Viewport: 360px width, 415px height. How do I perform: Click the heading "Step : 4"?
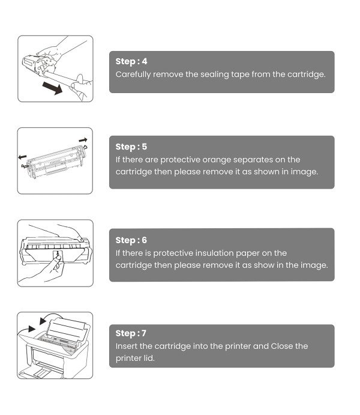coord(131,61)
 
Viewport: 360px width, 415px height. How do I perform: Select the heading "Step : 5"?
coord(131,147)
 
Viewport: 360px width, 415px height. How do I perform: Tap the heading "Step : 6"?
coord(131,240)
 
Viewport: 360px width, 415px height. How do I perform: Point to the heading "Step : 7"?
coord(131,333)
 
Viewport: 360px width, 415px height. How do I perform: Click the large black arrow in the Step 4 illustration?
coord(53,88)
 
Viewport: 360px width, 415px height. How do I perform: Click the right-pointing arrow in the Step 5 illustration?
coord(83,140)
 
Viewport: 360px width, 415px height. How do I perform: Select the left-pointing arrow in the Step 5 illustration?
coord(22,157)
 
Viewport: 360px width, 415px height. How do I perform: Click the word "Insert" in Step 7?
coord(127,346)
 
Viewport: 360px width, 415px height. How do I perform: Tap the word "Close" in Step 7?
coord(282,346)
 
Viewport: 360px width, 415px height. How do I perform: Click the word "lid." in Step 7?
coord(149,358)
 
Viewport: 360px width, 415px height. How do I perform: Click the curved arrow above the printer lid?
coord(51,318)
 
